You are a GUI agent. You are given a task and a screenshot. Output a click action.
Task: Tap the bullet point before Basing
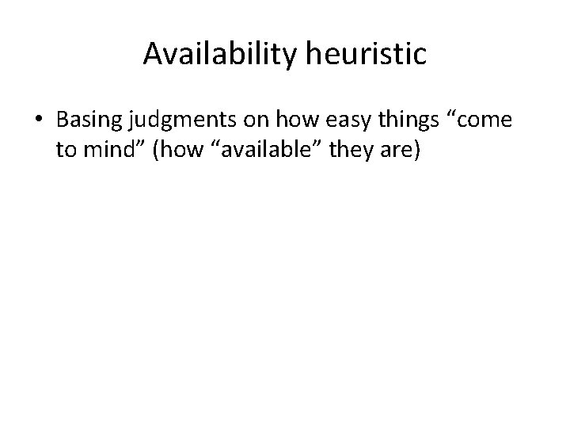(x=38, y=120)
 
